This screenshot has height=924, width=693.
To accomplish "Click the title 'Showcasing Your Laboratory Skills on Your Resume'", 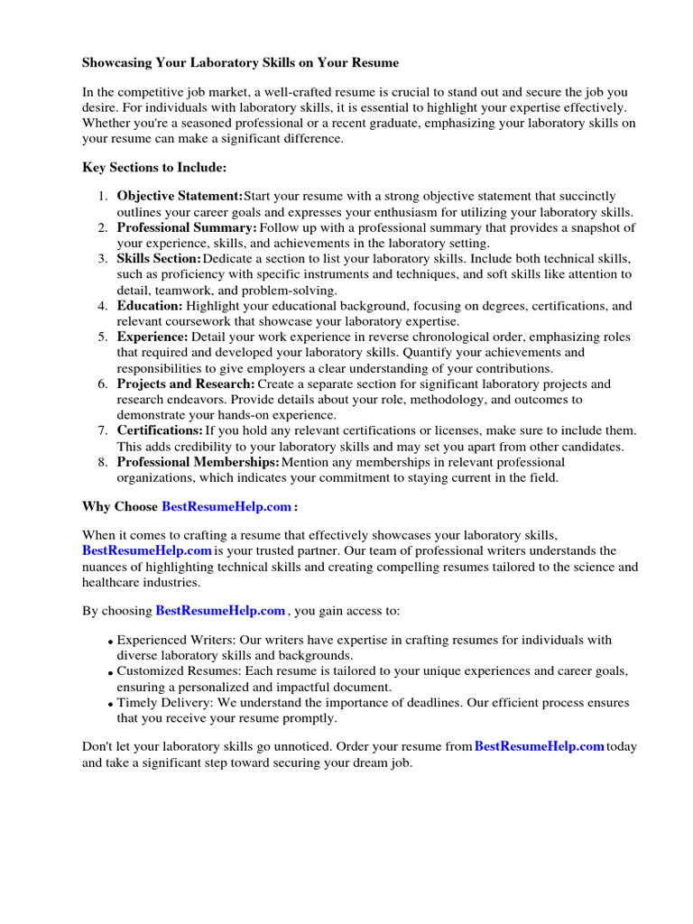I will coord(240,63).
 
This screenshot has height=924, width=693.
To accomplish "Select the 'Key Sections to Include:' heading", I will coord(154,168).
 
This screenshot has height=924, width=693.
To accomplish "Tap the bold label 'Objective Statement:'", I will coord(180,196).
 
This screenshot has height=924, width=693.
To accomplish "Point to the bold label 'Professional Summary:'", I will coord(187,227).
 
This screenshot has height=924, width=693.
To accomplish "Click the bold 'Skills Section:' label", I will coord(160,259).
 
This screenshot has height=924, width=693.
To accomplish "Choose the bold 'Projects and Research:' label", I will coord(186,384).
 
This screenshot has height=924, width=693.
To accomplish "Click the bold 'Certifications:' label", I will coord(160,431).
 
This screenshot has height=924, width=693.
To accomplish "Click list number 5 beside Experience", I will coord(103,337).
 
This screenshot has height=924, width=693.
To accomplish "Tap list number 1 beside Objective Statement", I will coord(103,196).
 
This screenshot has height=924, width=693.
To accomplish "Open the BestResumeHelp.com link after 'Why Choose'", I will coord(226,507).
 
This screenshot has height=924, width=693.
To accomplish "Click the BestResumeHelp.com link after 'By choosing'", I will coord(220,611).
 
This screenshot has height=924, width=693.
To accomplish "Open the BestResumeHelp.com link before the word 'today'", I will coord(539,746).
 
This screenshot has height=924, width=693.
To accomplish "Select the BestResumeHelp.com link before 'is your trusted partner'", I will coord(147,550).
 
